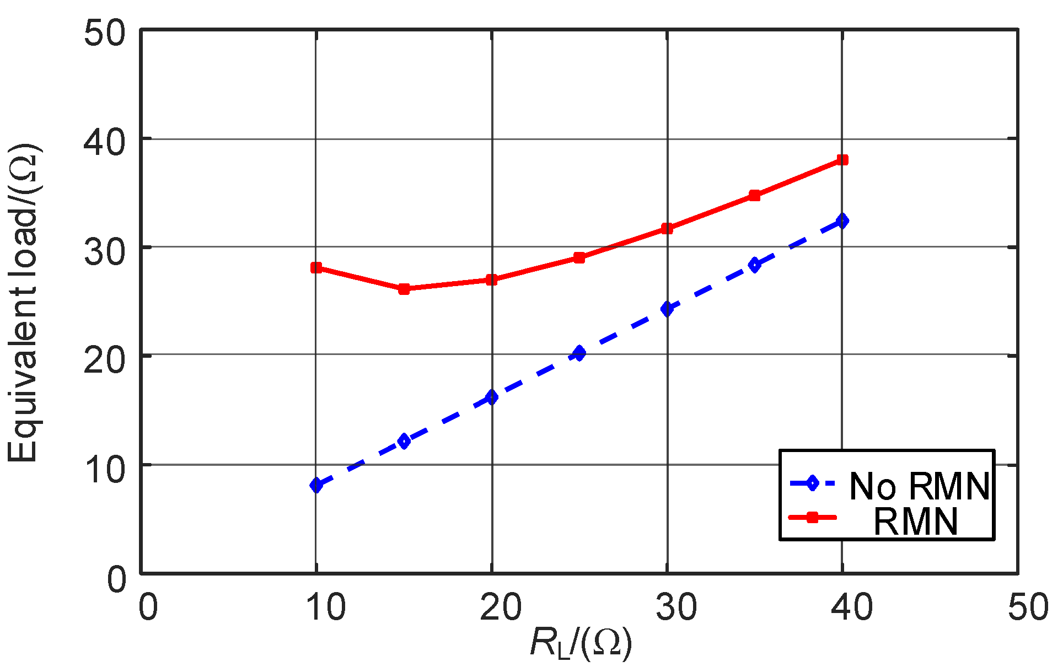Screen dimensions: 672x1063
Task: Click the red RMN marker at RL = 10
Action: coord(316,268)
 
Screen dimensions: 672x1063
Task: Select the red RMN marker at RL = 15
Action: coord(404,289)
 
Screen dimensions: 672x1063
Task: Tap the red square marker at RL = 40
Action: coord(842,160)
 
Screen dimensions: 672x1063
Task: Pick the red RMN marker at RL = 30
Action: coord(667,228)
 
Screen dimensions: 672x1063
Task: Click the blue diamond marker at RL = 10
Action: coord(316,485)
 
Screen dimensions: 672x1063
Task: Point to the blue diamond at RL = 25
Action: coord(579,353)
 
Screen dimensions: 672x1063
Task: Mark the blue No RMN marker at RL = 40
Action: coord(842,221)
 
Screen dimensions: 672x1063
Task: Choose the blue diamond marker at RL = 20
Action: coord(491,397)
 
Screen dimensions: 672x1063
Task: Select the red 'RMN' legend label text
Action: coord(916,521)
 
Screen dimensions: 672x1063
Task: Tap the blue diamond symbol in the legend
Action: coord(812,483)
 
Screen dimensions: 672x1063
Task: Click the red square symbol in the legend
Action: coord(812,517)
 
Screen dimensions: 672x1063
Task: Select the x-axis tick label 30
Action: coord(676,608)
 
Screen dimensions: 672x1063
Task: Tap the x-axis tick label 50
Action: coord(1028,608)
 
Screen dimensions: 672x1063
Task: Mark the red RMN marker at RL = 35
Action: coord(755,196)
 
